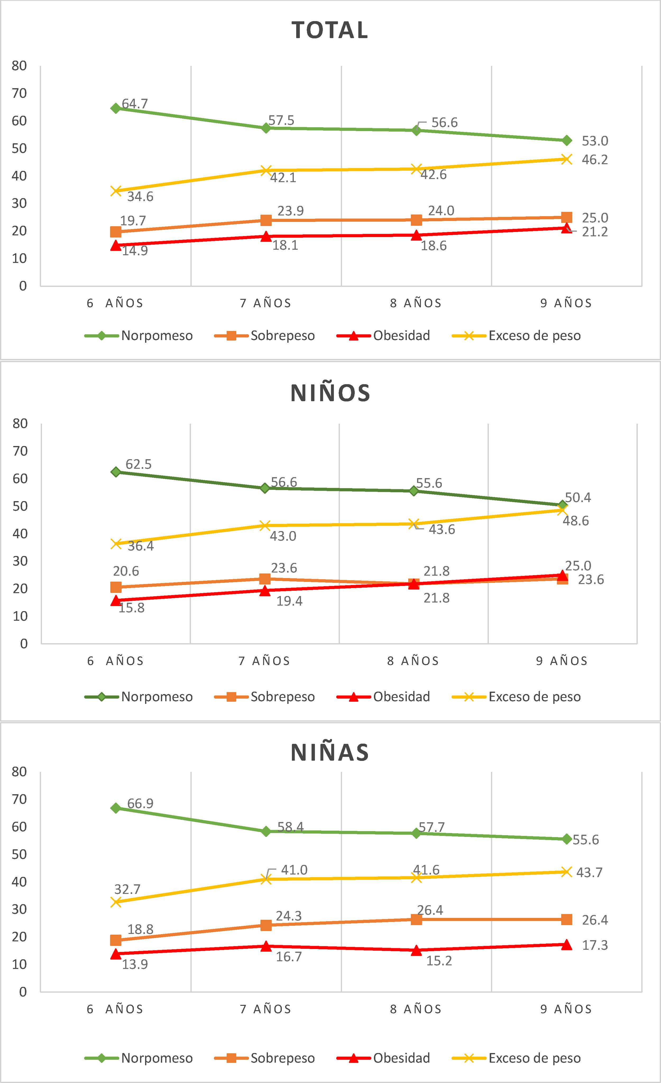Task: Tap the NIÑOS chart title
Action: (x=330, y=393)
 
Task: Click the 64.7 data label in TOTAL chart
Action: (x=135, y=104)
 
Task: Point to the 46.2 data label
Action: (x=595, y=160)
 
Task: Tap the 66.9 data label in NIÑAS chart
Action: (x=140, y=803)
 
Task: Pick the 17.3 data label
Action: (x=595, y=945)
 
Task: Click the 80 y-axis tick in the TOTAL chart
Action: (x=19, y=66)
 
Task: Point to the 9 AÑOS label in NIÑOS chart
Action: (x=562, y=661)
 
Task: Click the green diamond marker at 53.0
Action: (x=566, y=141)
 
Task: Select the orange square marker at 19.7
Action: (x=116, y=232)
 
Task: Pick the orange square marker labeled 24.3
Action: (x=266, y=925)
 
